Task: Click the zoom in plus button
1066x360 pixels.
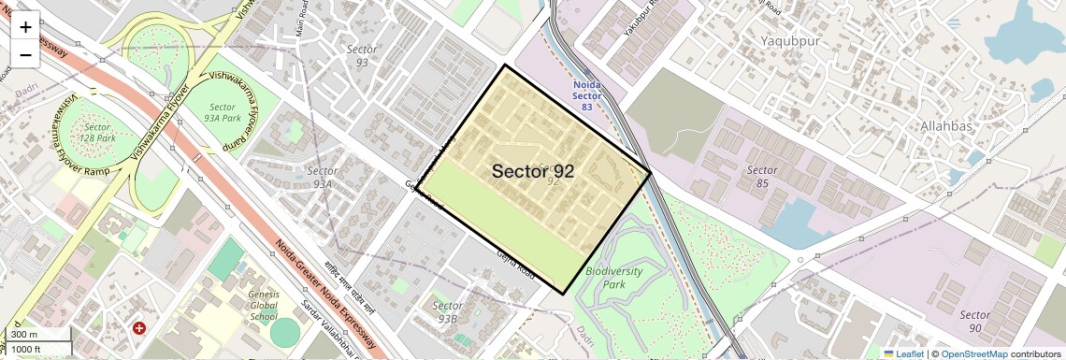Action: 25,27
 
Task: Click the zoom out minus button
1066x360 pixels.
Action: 25,55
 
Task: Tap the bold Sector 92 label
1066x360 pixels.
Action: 532,171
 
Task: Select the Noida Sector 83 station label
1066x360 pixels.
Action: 586,96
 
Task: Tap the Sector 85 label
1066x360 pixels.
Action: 762,177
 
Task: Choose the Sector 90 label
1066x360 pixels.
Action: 974,322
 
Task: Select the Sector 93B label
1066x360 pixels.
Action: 448,312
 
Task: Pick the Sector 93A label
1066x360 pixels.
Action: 322,178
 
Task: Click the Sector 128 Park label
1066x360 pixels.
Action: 97,133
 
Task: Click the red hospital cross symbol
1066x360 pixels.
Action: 139,328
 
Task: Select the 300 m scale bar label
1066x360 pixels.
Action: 25,335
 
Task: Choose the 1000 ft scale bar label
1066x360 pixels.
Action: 27,349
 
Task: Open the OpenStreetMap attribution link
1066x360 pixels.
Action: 973,353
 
